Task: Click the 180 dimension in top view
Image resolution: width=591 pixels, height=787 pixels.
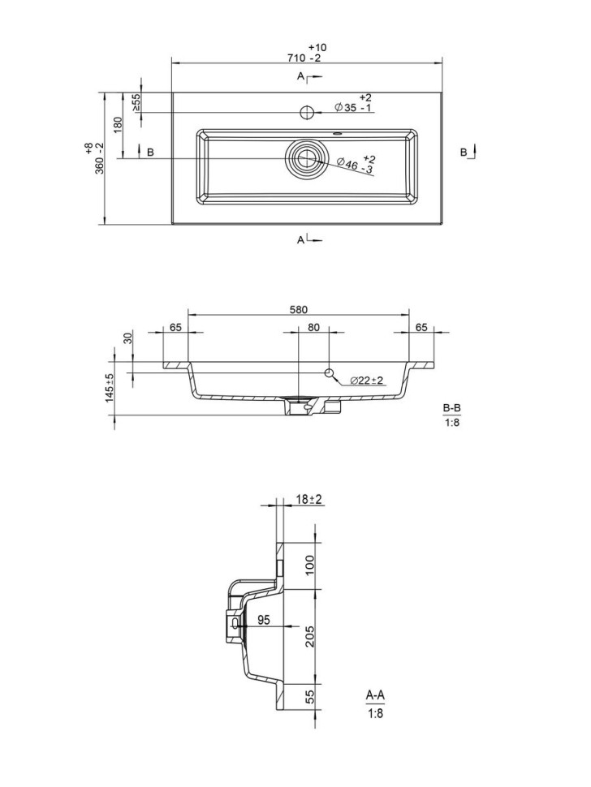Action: tap(119, 125)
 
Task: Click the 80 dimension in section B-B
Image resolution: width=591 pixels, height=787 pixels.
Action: tap(313, 328)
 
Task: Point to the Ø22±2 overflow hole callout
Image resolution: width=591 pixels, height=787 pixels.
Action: tap(367, 381)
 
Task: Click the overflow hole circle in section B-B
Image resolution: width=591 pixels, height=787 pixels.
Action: tap(330, 372)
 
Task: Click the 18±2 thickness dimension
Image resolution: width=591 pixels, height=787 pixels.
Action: tap(309, 499)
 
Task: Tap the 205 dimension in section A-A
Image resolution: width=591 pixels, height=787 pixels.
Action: tap(309, 636)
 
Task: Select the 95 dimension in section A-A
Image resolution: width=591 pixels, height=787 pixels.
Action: tap(263, 620)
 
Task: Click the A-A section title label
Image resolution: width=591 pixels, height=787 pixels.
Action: tap(375, 695)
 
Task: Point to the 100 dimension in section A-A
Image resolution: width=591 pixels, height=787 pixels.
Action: tap(309, 565)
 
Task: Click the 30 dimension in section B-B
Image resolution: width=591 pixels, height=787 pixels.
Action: tap(127, 338)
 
